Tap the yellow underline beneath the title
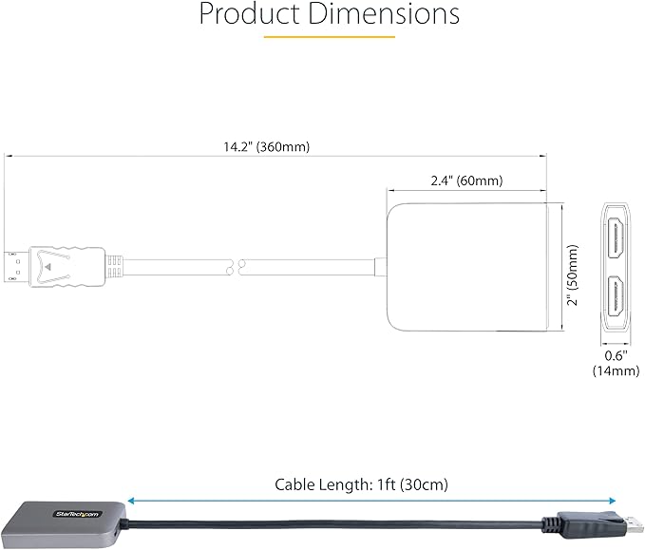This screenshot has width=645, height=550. pos(329,37)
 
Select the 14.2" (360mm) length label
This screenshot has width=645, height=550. pos(267,146)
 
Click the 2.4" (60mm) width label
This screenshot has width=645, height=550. pos(465,180)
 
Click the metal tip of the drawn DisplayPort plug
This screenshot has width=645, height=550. pos(15,266)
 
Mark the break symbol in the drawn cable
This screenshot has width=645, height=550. pos(235,266)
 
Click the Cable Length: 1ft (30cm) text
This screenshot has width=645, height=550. pos(361,484)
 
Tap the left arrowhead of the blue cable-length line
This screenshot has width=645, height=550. pos(131,501)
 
